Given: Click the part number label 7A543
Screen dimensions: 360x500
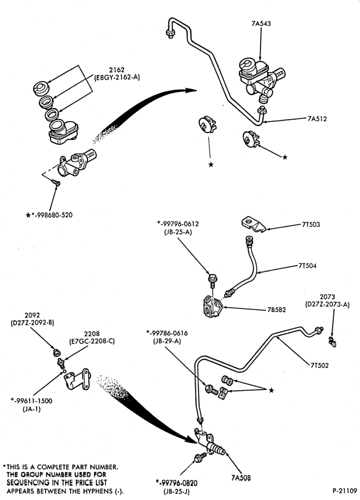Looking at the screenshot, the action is click(261, 23).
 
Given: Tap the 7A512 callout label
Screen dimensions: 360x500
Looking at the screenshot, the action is click(317, 119).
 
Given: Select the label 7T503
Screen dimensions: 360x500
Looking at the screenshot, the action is click(310, 224).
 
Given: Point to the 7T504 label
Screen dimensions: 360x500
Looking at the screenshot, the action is click(307, 265).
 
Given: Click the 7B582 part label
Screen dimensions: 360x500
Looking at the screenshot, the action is click(277, 309).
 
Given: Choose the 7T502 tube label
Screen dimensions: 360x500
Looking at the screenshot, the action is click(319, 365).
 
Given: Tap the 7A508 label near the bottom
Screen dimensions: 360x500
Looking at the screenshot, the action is click(241, 477).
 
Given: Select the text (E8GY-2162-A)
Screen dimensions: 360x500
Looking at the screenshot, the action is click(116, 77).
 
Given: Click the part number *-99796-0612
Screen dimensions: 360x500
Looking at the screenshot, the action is click(177, 224).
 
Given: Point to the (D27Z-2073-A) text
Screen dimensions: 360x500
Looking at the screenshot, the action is click(327, 305).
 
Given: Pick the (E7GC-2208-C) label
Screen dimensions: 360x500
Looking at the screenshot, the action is click(92, 341).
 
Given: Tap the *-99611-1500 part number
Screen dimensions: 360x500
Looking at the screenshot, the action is click(31, 401).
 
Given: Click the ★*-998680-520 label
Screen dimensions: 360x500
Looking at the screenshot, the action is click(49, 215).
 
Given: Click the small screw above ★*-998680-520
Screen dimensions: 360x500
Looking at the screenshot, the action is click(56, 183).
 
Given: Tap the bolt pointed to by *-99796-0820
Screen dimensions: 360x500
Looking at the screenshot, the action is click(199, 458).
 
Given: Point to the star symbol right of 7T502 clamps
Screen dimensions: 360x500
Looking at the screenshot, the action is click(271, 390).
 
